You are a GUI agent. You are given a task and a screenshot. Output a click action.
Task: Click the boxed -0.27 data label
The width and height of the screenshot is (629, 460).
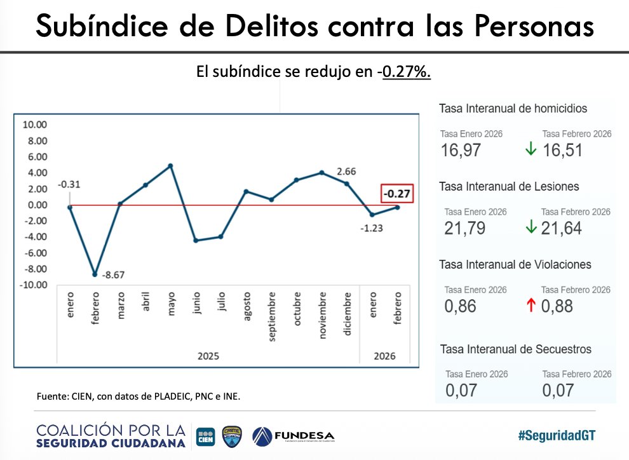pyautogui.click(x=397, y=194)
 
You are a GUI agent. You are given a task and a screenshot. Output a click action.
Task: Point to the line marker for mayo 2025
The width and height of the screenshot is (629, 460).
pyautogui.click(x=170, y=166)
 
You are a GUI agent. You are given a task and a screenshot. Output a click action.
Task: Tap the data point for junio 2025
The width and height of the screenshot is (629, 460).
pyautogui.click(x=196, y=240)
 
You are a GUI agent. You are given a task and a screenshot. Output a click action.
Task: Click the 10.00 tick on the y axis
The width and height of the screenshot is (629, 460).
pyautogui.click(x=34, y=125)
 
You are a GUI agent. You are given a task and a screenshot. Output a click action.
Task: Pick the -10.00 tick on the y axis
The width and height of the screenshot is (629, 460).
pyautogui.click(x=33, y=285)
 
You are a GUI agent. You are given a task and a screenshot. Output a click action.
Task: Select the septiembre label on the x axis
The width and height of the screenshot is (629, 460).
pyautogui.click(x=272, y=316)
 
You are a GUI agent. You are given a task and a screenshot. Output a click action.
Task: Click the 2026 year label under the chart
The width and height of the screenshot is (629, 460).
pyautogui.click(x=384, y=356)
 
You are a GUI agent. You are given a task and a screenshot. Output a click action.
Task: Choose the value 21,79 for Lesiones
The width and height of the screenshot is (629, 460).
pyautogui.click(x=464, y=228)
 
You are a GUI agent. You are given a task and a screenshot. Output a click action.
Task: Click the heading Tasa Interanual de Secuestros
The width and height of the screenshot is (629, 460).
pyautogui.click(x=515, y=349)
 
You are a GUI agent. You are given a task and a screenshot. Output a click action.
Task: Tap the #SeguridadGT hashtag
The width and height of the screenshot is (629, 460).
pyautogui.click(x=557, y=435)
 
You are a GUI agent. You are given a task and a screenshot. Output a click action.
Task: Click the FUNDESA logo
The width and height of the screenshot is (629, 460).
pyautogui.click(x=293, y=436)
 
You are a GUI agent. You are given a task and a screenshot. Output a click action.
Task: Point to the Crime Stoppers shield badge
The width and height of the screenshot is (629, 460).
pyautogui.click(x=231, y=436)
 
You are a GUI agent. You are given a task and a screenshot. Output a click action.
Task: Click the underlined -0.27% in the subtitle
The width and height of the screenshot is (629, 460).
pyautogui.click(x=406, y=72)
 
